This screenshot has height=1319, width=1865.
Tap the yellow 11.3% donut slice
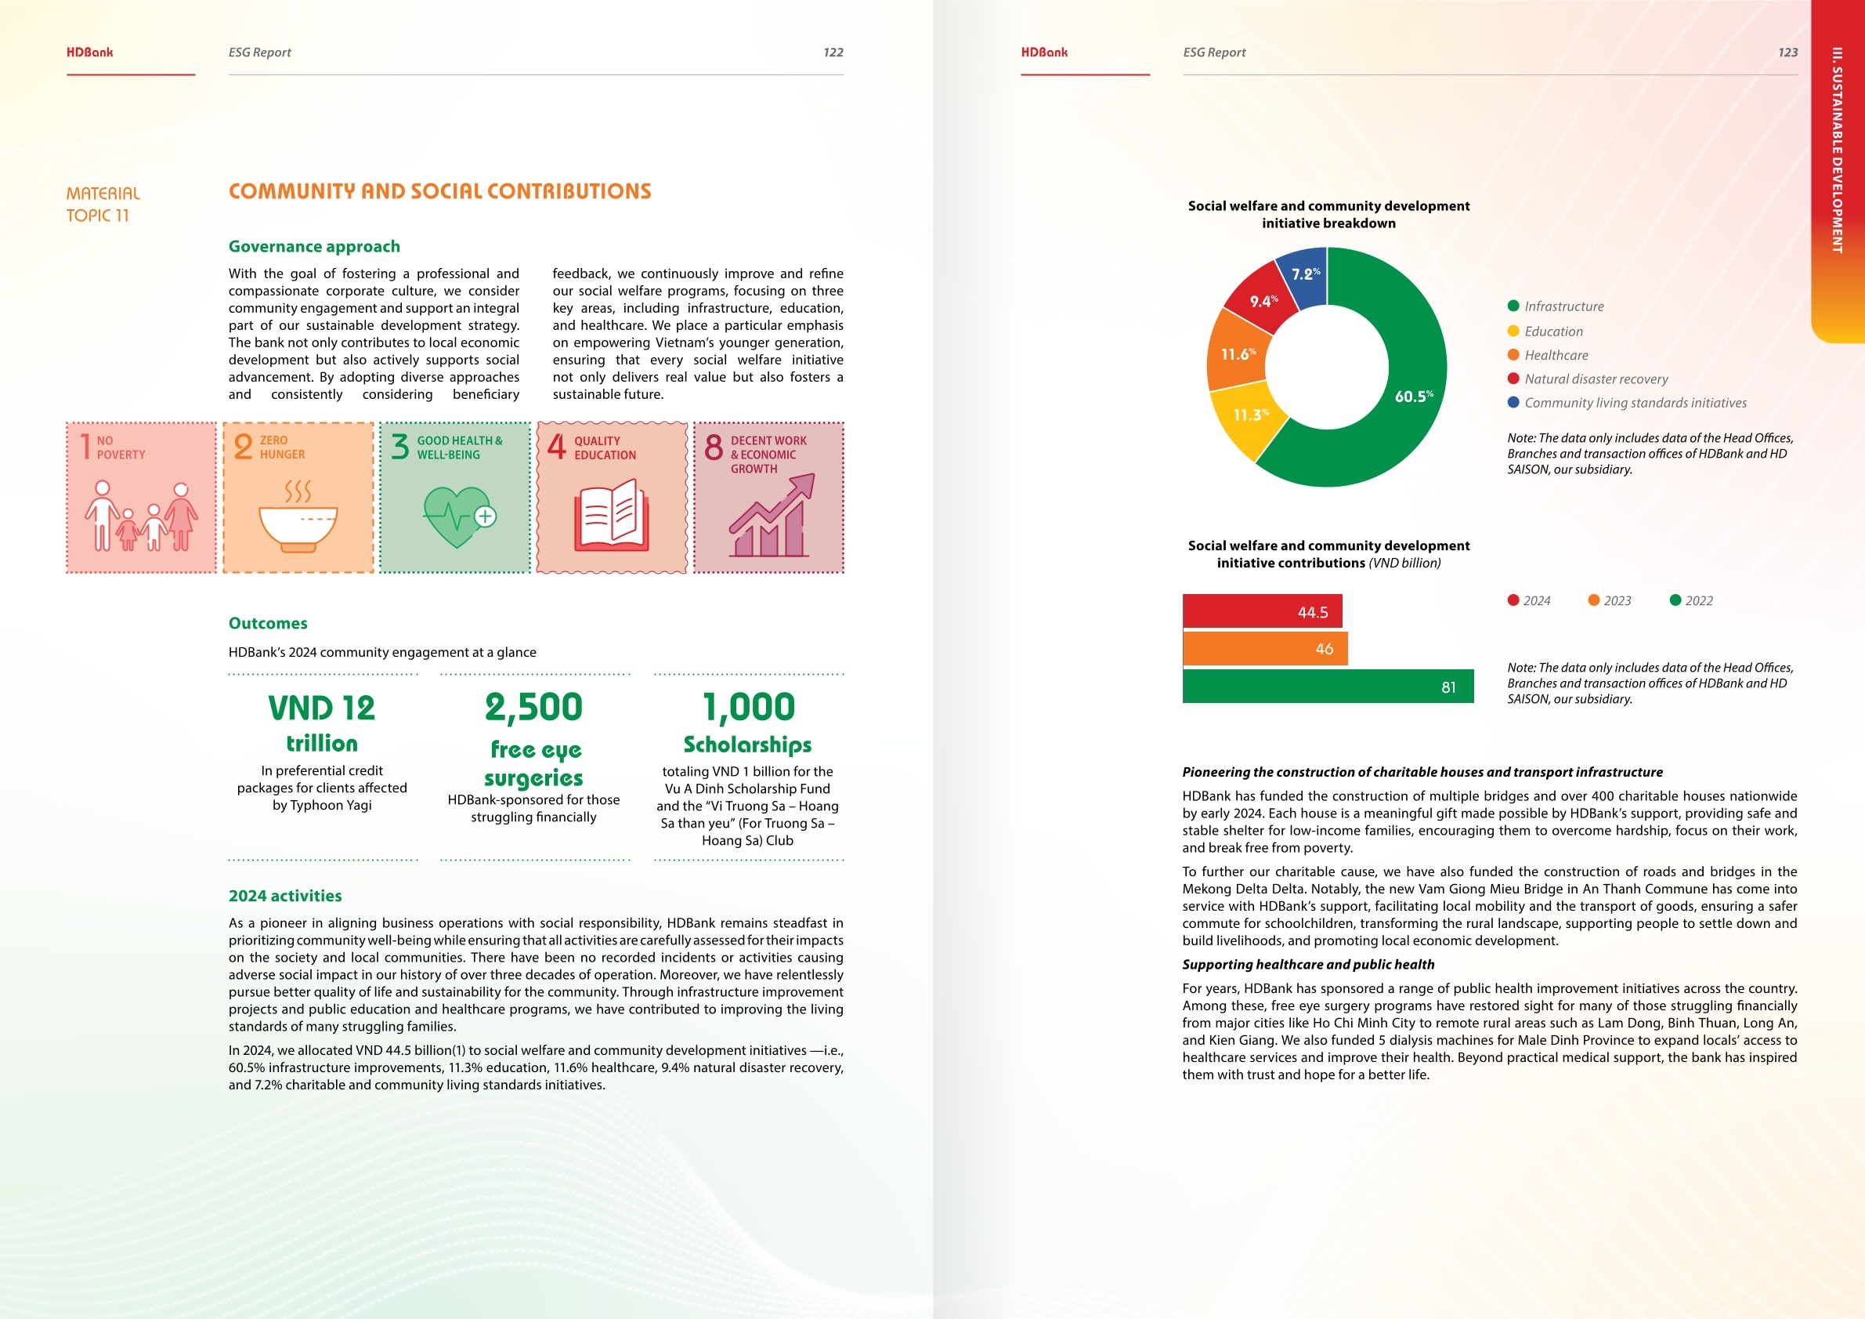click(x=1247, y=419)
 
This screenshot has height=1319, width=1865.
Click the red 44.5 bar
click(x=1261, y=611)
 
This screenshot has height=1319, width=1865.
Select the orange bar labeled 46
click(x=1264, y=649)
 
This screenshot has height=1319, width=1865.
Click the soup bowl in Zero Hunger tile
click(x=298, y=526)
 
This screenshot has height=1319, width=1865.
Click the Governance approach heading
click(x=313, y=246)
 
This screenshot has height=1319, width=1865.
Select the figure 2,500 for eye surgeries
click(x=533, y=707)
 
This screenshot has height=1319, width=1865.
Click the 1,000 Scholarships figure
click(x=748, y=707)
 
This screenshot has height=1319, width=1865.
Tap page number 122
click(x=833, y=52)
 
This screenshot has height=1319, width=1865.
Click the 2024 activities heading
click(x=285, y=896)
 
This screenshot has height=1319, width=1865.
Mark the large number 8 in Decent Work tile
click(x=714, y=447)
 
